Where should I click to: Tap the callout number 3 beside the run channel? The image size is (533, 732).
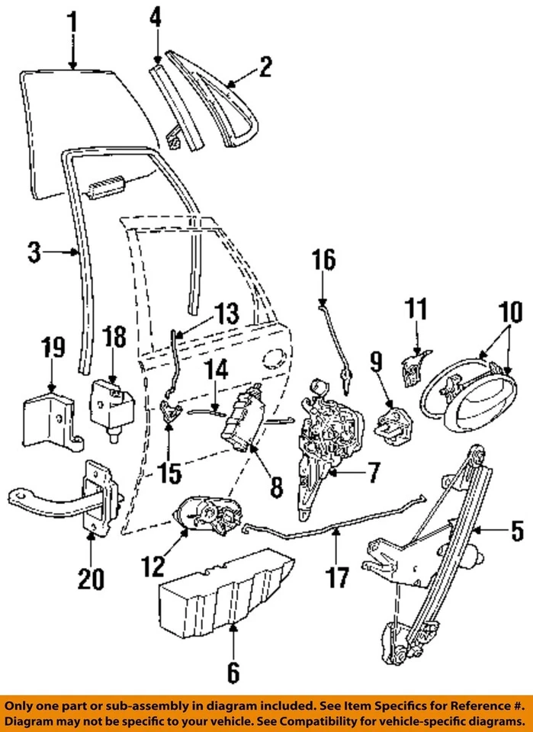coord(34,252)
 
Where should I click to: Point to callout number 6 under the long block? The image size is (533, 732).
coord(233,672)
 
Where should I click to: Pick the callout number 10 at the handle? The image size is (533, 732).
coord(510,313)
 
